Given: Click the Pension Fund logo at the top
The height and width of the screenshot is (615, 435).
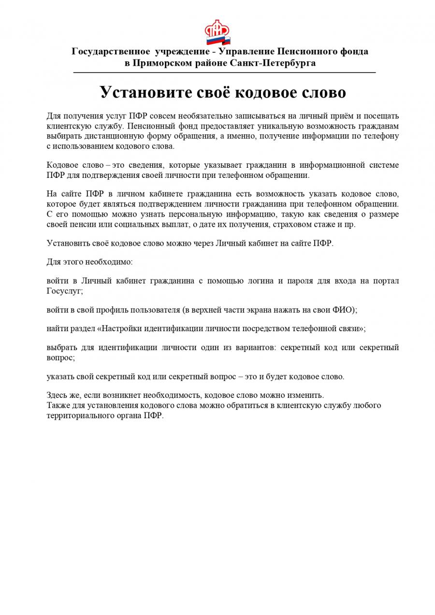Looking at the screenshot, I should click(217, 31).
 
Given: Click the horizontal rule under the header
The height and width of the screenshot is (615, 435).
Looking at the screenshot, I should click(224, 73).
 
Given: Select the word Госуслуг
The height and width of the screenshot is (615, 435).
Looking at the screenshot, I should click(64, 291).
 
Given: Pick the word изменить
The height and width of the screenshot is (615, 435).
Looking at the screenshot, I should click(306, 395).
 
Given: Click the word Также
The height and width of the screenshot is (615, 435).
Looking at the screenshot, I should click(58, 405).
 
